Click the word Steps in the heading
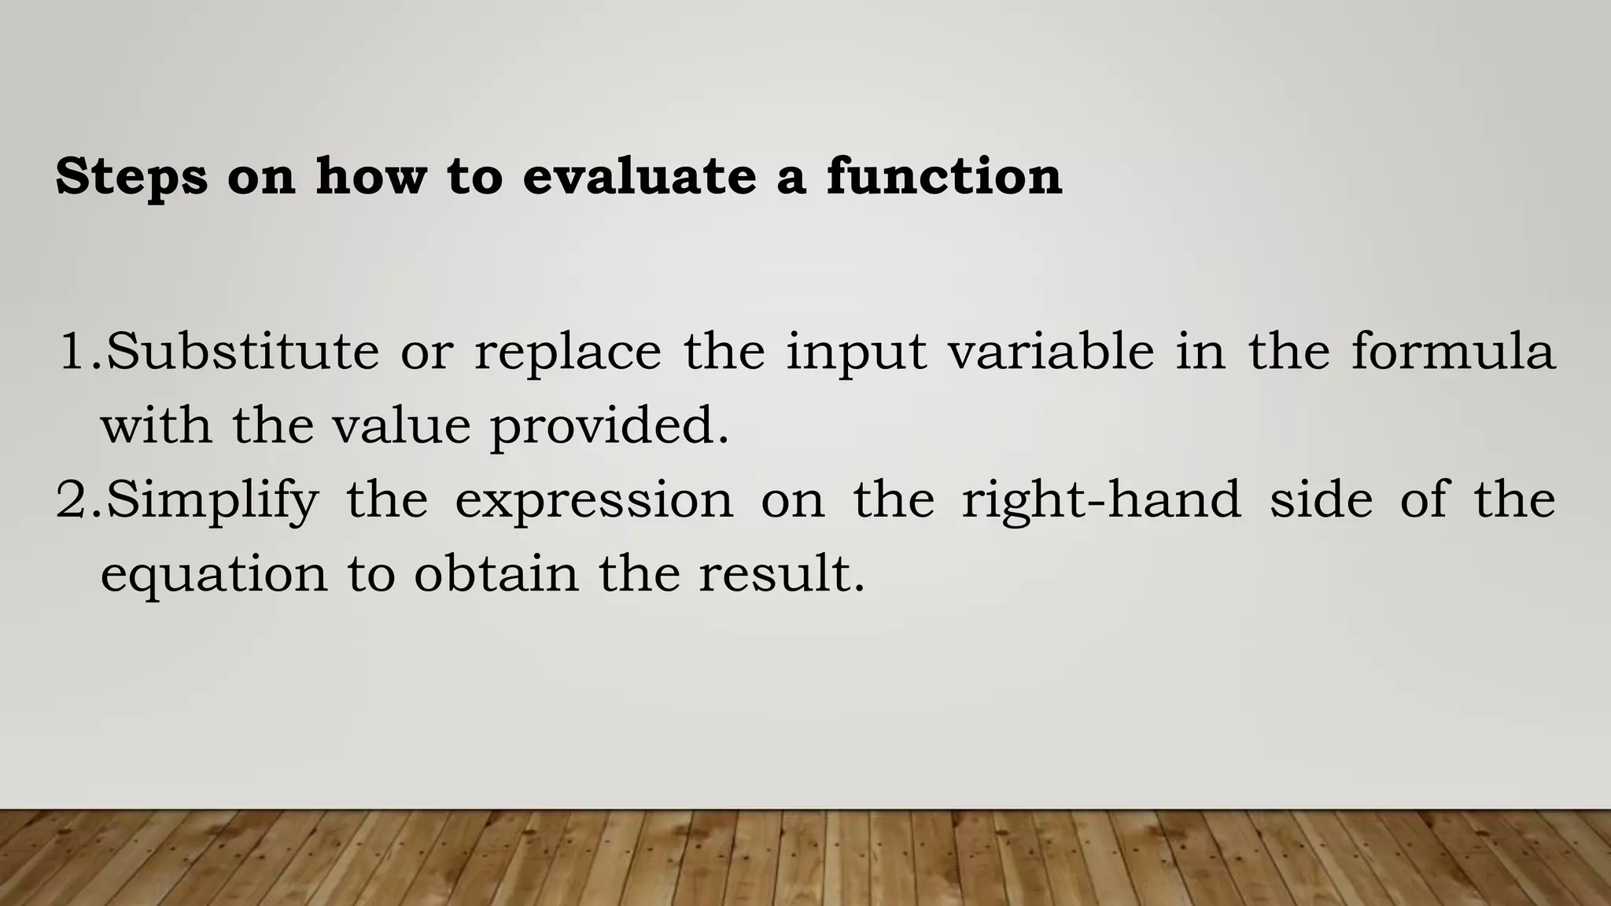tap(131, 177)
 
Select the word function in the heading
tap(944, 175)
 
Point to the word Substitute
tap(242, 352)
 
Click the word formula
tap(1453, 352)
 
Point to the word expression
tap(594, 501)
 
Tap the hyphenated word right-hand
tap(1100, 501)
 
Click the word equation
tap(213, 575)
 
